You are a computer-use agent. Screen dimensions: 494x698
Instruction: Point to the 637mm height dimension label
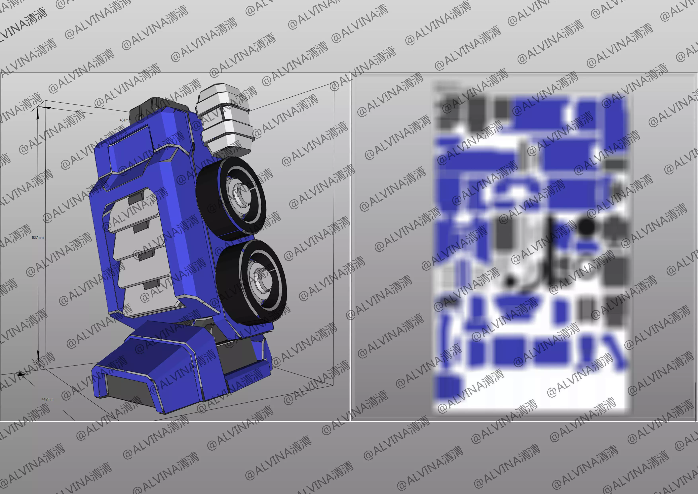click(x=37, y=237)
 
